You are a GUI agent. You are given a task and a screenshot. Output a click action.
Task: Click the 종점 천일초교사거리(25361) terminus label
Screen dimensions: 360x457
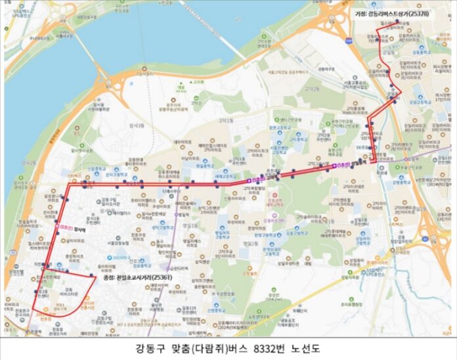click(x=137, y=277)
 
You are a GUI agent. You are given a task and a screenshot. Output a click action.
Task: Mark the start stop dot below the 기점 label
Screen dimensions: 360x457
click(x=397, y=22)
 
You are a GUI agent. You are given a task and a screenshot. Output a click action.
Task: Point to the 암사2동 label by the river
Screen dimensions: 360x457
click(x=29, y=162)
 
